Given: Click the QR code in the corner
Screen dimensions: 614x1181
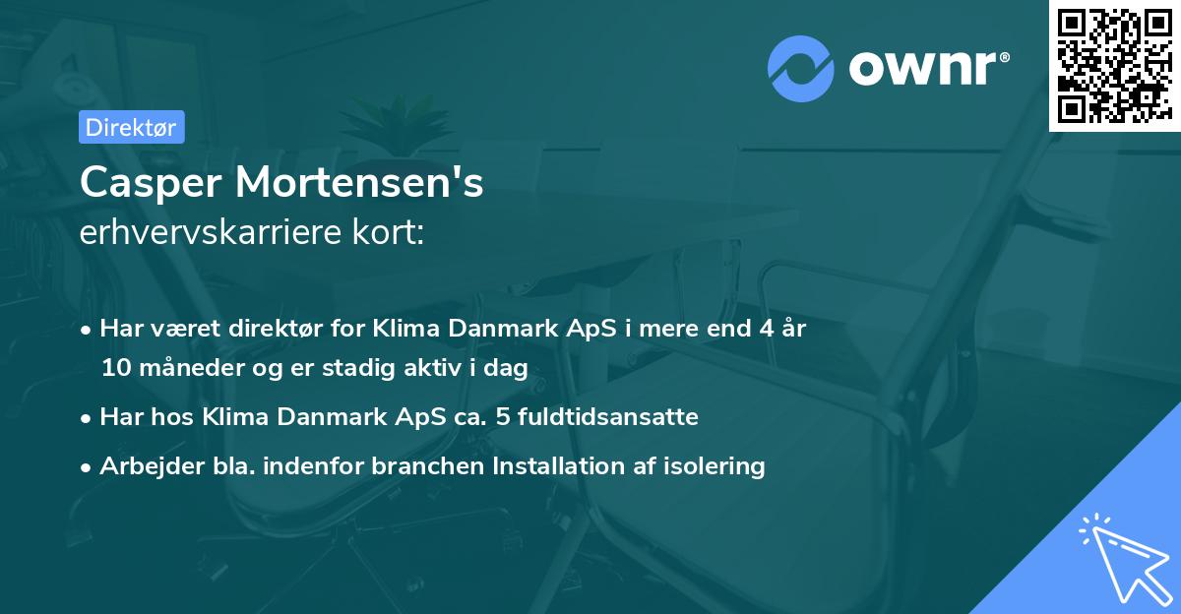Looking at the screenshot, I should click(x=1114, y=65).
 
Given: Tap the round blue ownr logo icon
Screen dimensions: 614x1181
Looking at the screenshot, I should click(x=801, y=69).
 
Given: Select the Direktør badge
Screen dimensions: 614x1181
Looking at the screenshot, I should click(x=130, y=127).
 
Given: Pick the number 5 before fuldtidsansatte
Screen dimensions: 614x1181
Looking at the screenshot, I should click(x=504, y=416).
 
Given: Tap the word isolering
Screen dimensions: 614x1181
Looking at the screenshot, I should click(x=715, y=465).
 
